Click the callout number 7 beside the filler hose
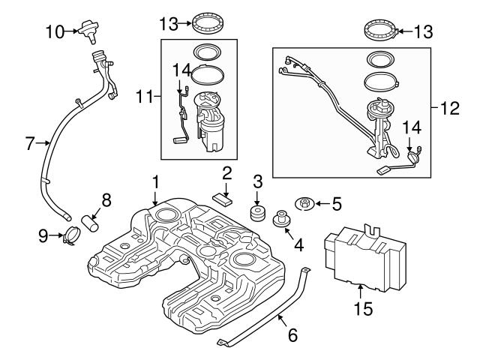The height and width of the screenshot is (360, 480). tap(31, 141)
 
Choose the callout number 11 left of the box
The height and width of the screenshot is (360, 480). tap(147, 97)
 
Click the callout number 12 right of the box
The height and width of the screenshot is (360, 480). tap(448, 108)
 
